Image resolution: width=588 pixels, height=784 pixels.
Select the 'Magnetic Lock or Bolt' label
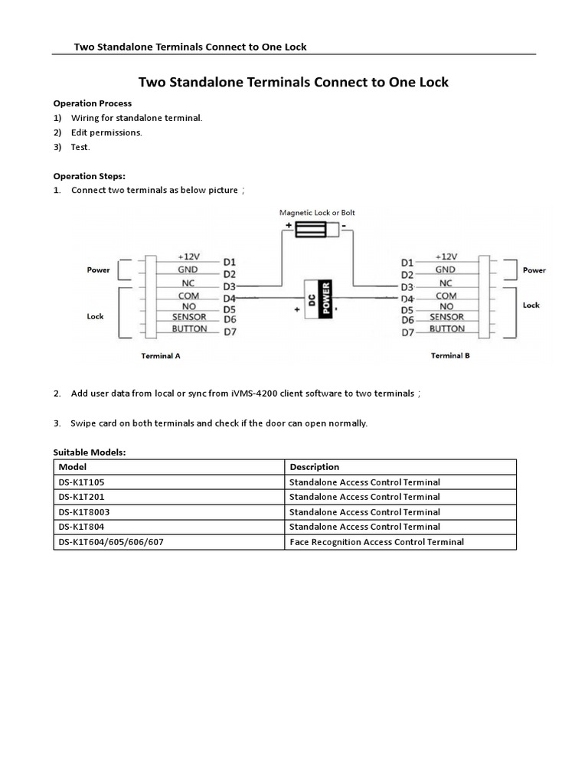(x=317, y=212)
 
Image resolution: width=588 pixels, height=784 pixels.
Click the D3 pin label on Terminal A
(x=229, y=286)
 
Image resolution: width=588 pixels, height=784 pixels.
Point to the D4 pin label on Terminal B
(x=407, y=298)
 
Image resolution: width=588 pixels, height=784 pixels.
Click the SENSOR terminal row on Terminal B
(x=446, y=317)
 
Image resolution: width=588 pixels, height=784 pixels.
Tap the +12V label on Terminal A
(x=188, y=257)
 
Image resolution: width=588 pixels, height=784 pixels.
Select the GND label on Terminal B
(x=446, y=269)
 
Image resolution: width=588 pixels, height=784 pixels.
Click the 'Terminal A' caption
(x=161, y=356)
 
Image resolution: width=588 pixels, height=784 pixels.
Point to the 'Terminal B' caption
(x=450, y=355)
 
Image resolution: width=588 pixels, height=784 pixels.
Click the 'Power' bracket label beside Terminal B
(x=534, y=270)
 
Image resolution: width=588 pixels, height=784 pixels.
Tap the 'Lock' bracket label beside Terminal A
(x=95, y=316)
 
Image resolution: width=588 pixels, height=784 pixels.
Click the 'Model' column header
(x=73, y=467)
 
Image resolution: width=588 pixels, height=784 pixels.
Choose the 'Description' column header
(x=314, y=467)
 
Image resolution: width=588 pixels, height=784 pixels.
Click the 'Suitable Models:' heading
(x=89, y=452)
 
